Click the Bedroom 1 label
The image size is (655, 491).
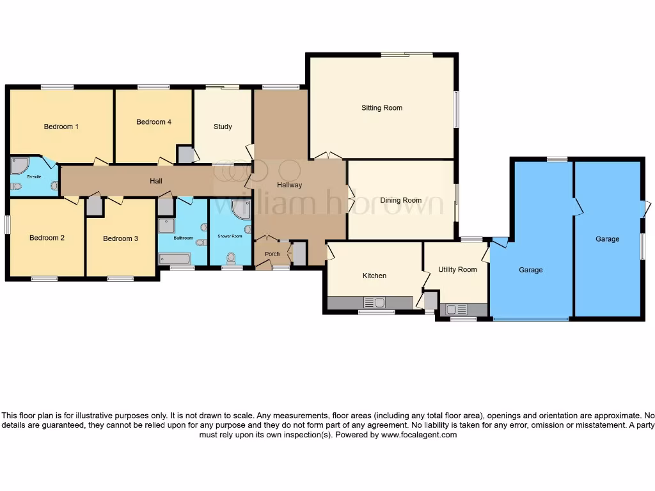(61, 127)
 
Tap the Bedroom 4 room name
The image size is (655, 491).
(154, 122)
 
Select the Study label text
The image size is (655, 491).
(223, 127)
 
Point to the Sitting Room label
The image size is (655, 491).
(382, 108)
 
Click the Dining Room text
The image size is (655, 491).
(401, 200)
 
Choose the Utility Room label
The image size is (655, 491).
(457, 269)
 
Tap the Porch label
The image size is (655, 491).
(272, 254)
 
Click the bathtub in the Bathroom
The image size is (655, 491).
(175, 259)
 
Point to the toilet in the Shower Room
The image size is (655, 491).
(231, 258)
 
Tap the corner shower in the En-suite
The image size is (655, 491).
(20, 167)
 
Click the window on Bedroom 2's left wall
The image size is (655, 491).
(7, 224)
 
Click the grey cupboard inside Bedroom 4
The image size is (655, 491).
(185, 155)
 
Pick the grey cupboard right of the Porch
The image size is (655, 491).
(299, 253)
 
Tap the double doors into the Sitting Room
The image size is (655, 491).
(327, 156)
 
